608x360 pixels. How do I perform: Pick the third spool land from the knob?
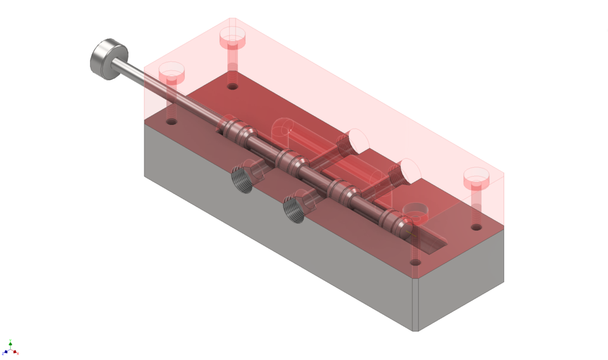pos(342,188)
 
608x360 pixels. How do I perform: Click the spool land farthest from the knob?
pos(393,219)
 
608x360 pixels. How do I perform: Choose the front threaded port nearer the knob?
pos(244,177)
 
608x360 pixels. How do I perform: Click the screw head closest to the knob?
pos(172,72)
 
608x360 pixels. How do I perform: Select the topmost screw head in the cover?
pos(232,37)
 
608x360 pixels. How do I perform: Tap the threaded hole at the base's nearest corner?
pos(415,261)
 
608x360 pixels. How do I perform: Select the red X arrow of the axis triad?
pos(17,352)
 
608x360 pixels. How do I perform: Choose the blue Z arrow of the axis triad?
pos(4,352)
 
